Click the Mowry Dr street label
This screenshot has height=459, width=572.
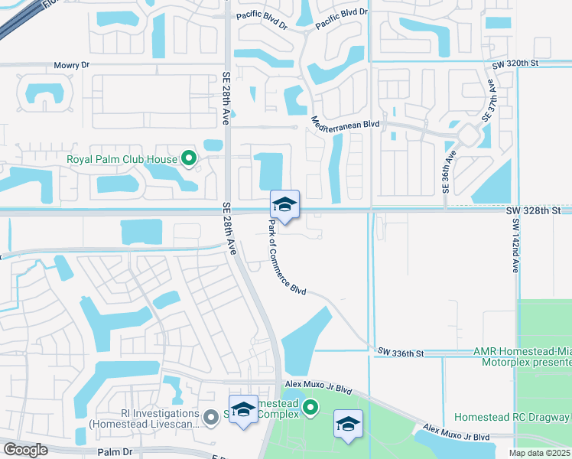coord(71,66)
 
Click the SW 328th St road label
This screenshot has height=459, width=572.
coord(534,209)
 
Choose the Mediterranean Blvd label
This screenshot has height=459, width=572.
coord(346,122)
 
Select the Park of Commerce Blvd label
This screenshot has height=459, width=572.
coord(287,258)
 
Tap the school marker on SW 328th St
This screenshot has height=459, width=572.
coord(284,205)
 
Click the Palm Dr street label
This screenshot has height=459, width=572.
coord(117,451)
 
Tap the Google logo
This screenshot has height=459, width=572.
coord(25,449)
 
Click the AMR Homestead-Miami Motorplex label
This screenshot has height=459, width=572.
coord(522,356)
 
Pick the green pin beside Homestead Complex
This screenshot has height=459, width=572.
coord(310,408)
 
